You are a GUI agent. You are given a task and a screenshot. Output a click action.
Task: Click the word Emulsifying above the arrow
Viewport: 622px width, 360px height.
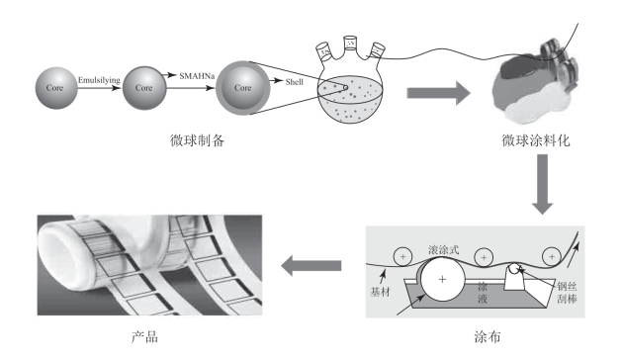point(99,80)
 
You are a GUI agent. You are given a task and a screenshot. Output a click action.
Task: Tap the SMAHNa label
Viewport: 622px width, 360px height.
point(197,76)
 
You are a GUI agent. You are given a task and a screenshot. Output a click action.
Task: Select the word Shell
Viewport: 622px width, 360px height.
point(295,82)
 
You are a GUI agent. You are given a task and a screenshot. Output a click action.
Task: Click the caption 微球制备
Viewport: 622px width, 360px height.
point(197,140)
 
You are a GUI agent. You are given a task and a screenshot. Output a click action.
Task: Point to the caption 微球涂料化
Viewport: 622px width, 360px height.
point(536,140)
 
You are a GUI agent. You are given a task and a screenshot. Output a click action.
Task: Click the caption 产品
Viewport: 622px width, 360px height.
point(144,337)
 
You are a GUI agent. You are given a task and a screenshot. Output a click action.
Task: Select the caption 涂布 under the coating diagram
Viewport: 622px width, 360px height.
point(488,337)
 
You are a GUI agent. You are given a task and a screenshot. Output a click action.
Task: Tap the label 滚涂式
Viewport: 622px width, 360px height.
point(443,249)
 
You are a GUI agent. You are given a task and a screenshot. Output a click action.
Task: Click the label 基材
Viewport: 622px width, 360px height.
point(380,292)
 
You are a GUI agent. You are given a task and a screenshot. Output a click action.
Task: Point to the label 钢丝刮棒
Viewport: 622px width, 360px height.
point(567,293)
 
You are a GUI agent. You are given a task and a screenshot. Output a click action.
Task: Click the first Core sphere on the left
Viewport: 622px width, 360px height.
point(56,88)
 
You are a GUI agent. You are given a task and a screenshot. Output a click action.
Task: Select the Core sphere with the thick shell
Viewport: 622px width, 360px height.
point(243,88)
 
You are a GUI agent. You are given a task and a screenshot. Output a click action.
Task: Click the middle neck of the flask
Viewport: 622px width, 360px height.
point(350,44)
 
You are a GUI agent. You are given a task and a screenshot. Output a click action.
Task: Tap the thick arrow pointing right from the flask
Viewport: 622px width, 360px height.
point(439,93)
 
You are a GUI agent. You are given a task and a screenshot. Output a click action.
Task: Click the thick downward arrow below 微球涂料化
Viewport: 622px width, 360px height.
point(542,185)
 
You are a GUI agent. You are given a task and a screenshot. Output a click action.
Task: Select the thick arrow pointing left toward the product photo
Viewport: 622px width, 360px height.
point(311,265)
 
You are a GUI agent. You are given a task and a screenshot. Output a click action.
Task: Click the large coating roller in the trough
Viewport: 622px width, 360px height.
point(442,279)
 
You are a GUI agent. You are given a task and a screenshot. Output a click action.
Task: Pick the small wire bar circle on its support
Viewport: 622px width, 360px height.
point(514,269)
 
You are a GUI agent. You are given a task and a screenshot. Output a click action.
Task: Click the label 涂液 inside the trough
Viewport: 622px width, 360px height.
point(483,293)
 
